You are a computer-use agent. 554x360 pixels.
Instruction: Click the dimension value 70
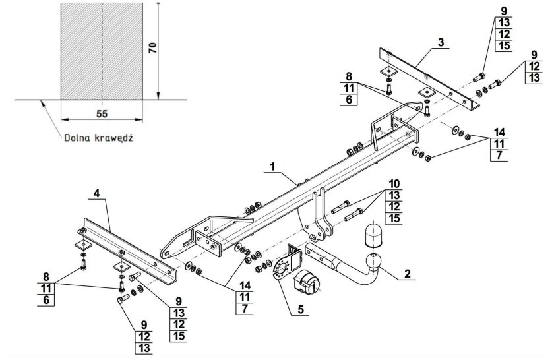pos(152,47)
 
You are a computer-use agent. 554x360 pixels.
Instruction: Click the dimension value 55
pos(102,114)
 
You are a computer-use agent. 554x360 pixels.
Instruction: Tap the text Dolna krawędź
pos(98,138)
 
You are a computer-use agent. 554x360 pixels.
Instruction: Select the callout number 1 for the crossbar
pos(272,166)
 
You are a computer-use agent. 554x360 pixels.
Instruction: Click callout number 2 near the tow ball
pos(408,274)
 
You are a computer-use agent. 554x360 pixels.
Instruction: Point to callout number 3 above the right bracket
pos(441,42)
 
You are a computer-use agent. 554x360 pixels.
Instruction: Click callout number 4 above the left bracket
pos(97,193)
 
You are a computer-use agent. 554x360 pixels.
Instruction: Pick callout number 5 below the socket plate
pos(300,309)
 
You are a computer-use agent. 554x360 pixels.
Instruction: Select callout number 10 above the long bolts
pos(394,184)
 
